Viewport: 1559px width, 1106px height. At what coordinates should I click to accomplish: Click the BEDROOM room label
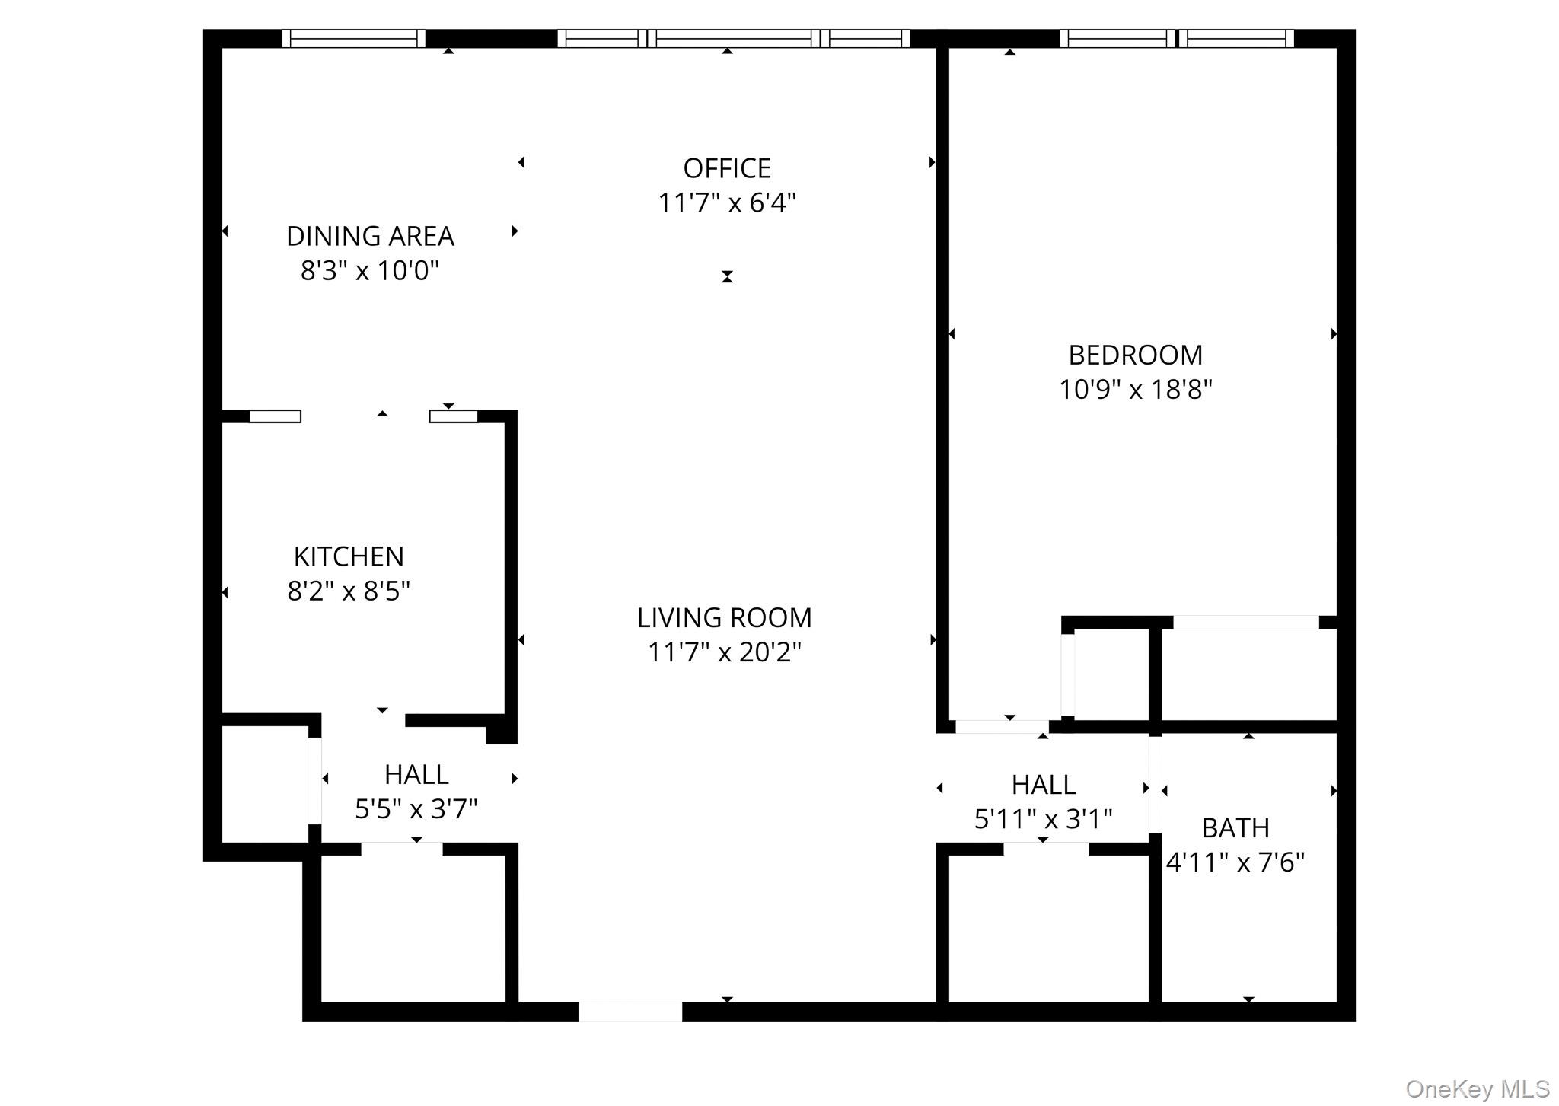pyautogui.click(x=1135, y=355)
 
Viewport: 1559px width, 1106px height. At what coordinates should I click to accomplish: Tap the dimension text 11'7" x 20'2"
pyautogui.click(x=724, y=652)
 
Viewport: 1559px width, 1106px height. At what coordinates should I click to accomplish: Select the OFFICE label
pyautogui.click(x=726, y=168)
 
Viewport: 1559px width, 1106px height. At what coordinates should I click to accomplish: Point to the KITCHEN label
pyautogui.click(x=349, y=556)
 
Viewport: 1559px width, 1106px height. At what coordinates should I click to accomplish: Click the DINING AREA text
pyautogui.click(x=370, y=236)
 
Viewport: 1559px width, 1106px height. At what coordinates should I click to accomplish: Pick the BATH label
pyautogui.click(x=1235, y=827)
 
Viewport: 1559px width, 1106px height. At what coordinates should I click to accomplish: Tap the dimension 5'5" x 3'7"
pyautogui.click(x=416, y=808)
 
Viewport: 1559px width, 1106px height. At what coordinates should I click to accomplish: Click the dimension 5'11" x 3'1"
pyautogui.click(x=1043, y=819)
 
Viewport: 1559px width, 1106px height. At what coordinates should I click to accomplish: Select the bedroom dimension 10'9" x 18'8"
pyautogui.click(x=1135, y=390)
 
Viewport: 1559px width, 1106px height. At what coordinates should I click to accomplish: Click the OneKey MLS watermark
pyautogui.click(x=1477, y=1089)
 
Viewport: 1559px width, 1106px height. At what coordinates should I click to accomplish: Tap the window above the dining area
pyautogui.click(x=354, y=39)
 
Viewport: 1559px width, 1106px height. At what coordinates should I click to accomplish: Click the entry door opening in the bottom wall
pyautogui.click(x=630, y=1012)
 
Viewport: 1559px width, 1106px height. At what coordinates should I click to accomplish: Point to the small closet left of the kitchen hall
pyautogui.click(x=265, y=784)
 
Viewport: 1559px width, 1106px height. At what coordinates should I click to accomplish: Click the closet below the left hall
pyautogui.click(x=413, y=929)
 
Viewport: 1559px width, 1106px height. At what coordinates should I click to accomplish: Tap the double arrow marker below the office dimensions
pyautogui.click(x=727, y=276)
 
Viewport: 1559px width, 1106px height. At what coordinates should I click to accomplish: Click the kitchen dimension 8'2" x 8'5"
pyautogui.click(x=349, y=591)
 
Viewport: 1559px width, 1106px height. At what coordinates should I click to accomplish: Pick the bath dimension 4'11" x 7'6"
pyautogui.click(x=1235, y=862)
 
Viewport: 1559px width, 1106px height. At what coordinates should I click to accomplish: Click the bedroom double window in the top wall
pyautogui.click(x=1177, y=39)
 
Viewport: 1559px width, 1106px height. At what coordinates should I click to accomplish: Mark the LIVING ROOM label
pyautogui.click(x=724, y=617)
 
